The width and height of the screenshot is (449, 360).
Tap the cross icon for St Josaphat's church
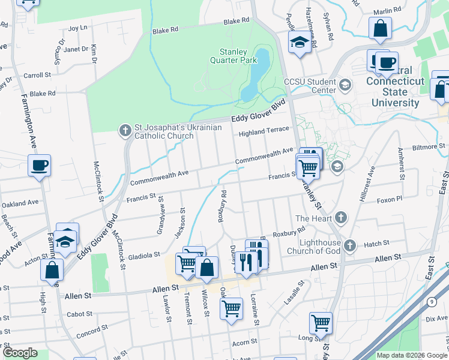coord(125,130)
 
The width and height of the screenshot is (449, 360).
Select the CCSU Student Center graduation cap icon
coord(345,85)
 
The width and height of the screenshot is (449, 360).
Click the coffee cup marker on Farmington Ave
coord(39,165)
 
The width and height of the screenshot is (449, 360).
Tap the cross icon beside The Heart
coord(341,218)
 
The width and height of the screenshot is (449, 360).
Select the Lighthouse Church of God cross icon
coord(351,245)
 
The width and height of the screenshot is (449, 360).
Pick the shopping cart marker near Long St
coord(321,322)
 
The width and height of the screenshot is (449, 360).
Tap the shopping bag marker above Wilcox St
coord(206,268)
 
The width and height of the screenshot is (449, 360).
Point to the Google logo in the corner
coord(20,353)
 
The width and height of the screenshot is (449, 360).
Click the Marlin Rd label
coord(387,11)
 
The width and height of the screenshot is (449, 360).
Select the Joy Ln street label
coord(78,28)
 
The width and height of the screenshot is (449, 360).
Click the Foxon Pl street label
coord(390,199)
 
